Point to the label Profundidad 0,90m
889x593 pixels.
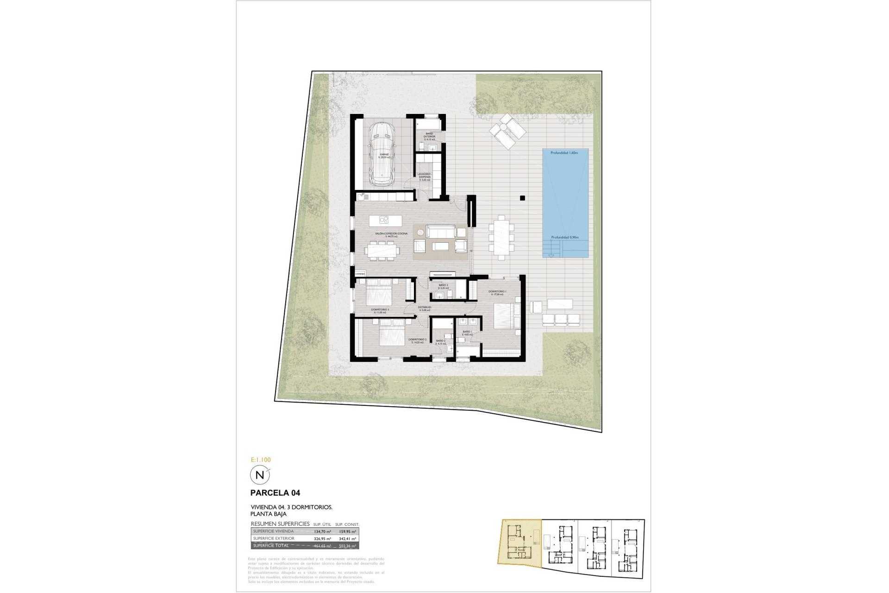pyautogui.click(x=565, y=237)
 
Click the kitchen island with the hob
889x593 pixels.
pyautogui.click(x=385, y=220)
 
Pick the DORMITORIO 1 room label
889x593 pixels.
pyautogui.click(x=497, y=292)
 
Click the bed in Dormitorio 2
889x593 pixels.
pyautogui.click(x=393, y=335)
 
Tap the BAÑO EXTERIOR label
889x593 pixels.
pyautogui.click(x=429, y=135)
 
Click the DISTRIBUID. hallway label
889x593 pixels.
pyautogui.click(x=425, y=308)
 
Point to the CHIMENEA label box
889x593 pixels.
pyautogui.click(x=360, y=274)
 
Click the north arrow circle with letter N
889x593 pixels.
pyautogui.click(x=259, y=475)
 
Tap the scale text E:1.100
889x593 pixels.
pyautogui.click(x=260, y=460)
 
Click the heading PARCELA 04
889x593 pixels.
pyautogui.click(x=275, y=493)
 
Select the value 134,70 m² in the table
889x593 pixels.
pyautogui.click(x=322, y=532)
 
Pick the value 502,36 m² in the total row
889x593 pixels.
pyautogui.click(x=347, y=546)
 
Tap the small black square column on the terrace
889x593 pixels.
pyautogui.click(x=522, y=198)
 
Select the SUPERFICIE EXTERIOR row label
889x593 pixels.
pyautogui.click(x=274, y=538)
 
